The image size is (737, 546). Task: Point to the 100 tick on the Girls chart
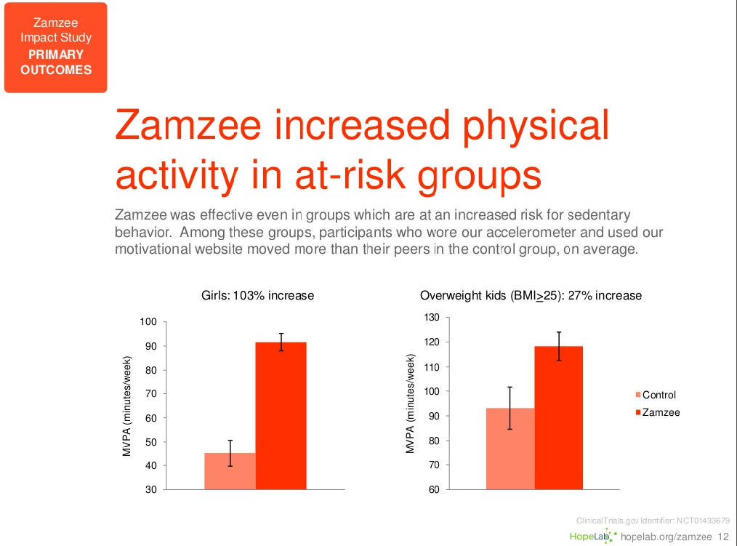148,322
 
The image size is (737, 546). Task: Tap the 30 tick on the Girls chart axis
151,489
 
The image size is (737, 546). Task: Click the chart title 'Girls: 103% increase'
257,296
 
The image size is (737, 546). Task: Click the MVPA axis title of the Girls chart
127,406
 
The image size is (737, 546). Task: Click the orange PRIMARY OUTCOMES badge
56,48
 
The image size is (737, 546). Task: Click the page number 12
722,537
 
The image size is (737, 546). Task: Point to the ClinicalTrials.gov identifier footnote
652,521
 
